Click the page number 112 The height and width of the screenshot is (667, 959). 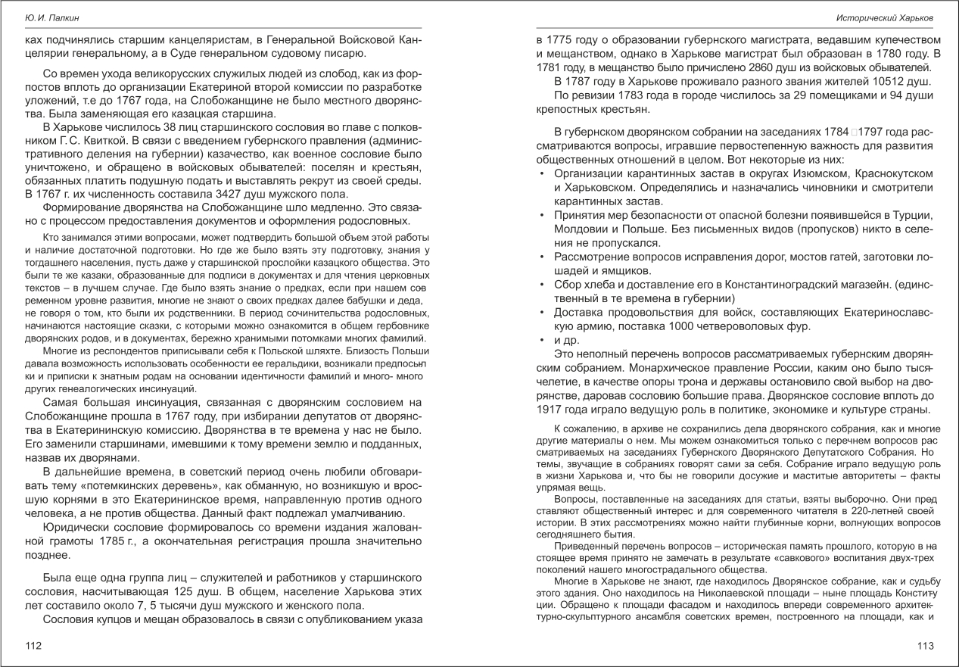(33, 646)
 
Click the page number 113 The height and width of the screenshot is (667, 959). (925, 646)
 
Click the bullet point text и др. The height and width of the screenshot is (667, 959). (566, 341)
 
